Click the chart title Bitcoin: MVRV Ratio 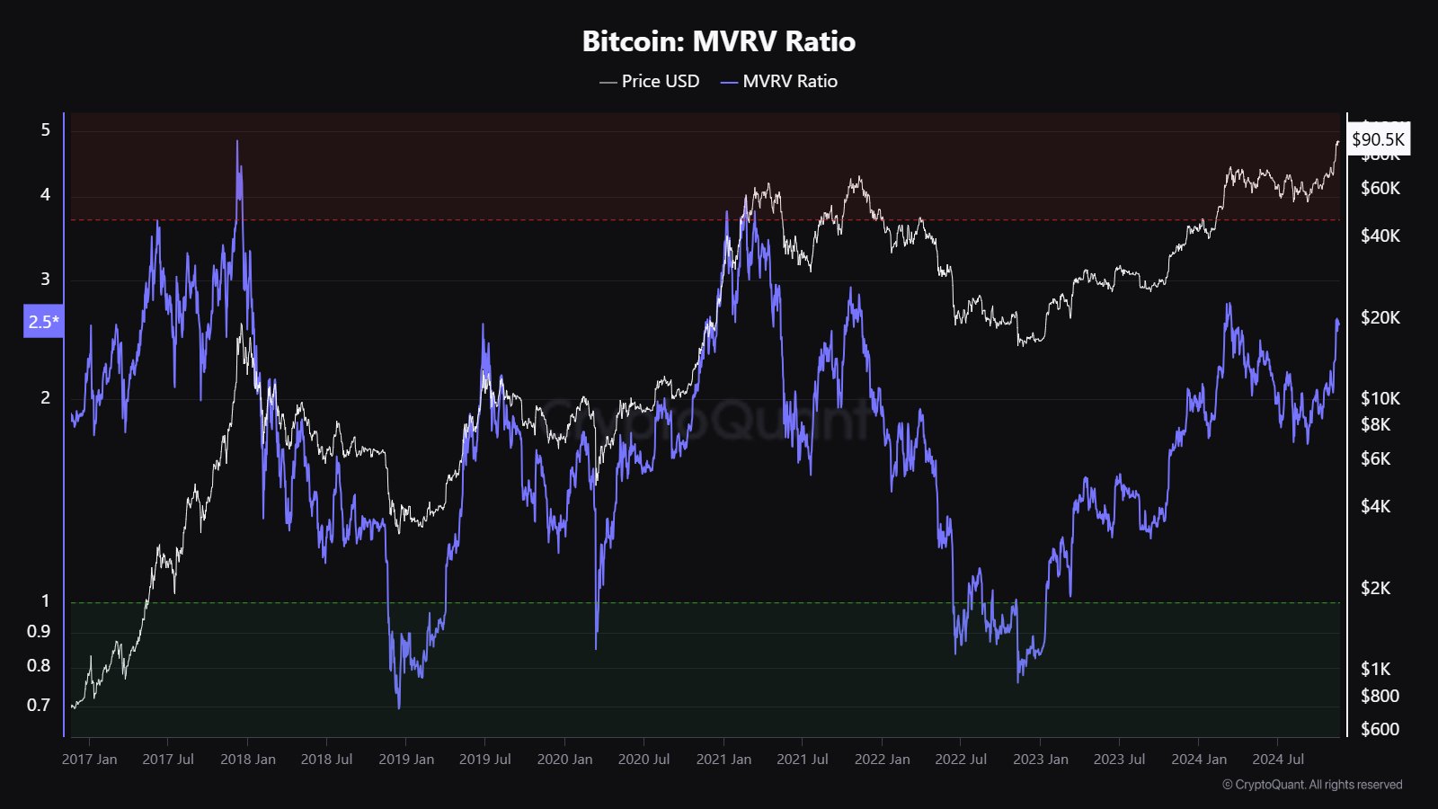(x=719, y=41)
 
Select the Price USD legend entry (x=650, y=81)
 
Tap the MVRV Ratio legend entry (x=779, y=81)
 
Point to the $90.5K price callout (x=1378, y=139)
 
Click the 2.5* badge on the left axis (x=43, y=322)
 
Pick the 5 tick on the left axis (x=46, y=129)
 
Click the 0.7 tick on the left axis (x=39, y=705)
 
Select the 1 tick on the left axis (x=46, y=600)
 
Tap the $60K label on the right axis (x=1380, y=188)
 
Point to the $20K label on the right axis (x=1380, y=317)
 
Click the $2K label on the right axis (x=1375, y=588)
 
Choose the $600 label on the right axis (x=1380, y=729)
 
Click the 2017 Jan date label (x=89, y=760)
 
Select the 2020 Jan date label (x=564, y=760)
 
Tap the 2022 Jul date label (x=961, y=760)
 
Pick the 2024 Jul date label (x=1278, y=760)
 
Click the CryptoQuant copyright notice (x=1312, y=785)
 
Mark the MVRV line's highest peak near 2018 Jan (x=237, y=141)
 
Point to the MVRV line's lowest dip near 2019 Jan (x=399, y=707)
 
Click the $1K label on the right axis (x=1375, y=669)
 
